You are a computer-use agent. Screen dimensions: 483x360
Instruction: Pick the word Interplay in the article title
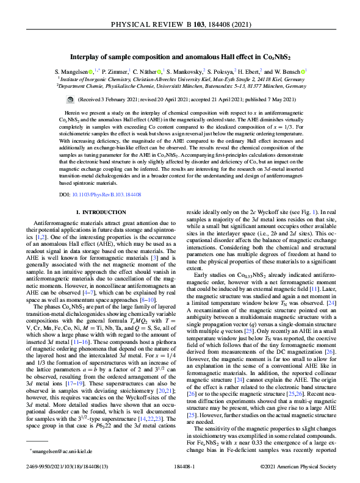(85, 56)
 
